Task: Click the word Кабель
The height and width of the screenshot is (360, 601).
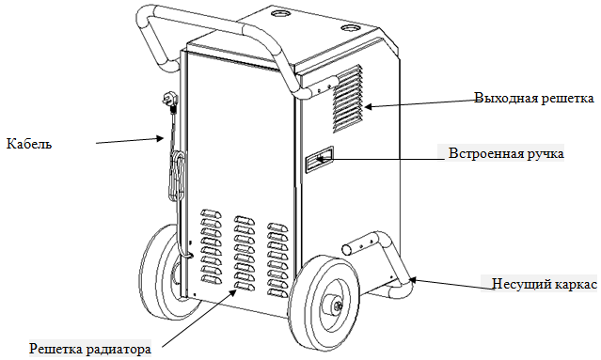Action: click(x=29, y=144)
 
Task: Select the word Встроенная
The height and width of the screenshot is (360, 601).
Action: click(x=485, y=153)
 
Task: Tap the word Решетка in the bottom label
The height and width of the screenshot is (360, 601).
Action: click(x=56, y=350)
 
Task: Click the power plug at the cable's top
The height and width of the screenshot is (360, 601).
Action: click(x=168, y=99)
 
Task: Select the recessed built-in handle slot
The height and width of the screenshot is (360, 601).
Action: click(x=319, y=159)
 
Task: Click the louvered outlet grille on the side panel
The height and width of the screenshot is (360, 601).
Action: click(x=347, y=99)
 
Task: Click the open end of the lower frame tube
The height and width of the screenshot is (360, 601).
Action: click(x=346, y=250)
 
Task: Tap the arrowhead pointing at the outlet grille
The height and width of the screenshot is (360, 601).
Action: click(x=367, y=106)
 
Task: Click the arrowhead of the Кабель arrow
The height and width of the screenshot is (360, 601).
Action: click(x=160, y=138)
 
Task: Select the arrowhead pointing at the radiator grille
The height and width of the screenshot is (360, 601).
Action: click(x=232, y=294)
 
